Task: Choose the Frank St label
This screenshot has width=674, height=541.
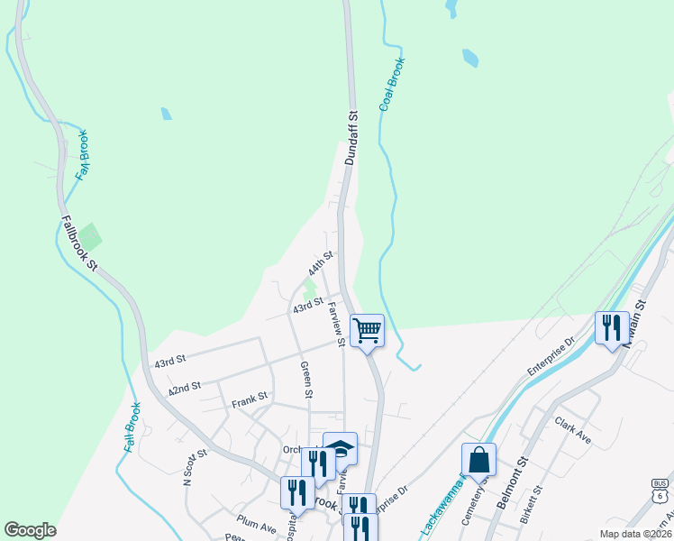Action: [250, 397]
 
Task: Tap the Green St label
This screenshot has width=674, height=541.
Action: [306, 380]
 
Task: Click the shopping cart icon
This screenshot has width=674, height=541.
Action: [367, 330]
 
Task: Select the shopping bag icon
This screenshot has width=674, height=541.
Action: [478, 460]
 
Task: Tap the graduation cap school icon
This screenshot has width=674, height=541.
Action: [340, 447]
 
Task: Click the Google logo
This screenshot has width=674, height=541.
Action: [30, 530]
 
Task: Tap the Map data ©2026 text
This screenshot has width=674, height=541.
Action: [635, 534]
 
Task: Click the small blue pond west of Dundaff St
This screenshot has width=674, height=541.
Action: [165, 114]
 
